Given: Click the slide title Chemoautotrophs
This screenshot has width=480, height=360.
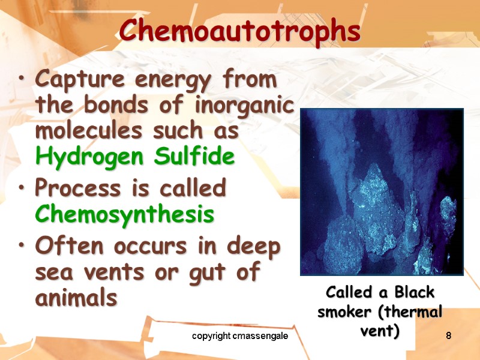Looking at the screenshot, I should (239, 31).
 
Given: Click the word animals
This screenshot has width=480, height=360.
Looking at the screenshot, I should (76, 298).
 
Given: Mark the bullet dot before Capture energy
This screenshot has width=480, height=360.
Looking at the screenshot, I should (23, 80).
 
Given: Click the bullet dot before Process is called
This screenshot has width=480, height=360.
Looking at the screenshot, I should (23, 189).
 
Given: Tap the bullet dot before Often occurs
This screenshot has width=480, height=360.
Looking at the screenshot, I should (23, 247).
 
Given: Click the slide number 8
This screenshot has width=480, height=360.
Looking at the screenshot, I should (448, 337).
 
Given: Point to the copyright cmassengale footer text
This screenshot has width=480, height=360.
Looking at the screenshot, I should (240, 337).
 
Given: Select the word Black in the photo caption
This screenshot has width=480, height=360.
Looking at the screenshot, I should (414, 293).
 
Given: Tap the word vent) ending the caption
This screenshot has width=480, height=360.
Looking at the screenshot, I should (382, 331).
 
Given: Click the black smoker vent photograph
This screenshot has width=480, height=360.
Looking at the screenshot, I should (382, 192).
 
